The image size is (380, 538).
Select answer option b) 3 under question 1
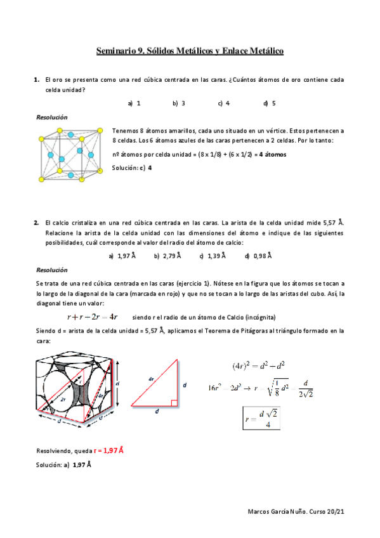179,103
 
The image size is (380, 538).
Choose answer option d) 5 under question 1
269,103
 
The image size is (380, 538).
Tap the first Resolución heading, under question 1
52,117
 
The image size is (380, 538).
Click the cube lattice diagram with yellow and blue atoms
70,154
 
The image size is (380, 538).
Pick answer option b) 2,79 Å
167,256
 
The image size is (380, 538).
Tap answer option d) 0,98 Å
258,256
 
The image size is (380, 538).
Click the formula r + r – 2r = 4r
92,317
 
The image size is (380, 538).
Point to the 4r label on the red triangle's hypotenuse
151,379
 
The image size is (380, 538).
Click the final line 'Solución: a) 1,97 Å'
63,464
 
